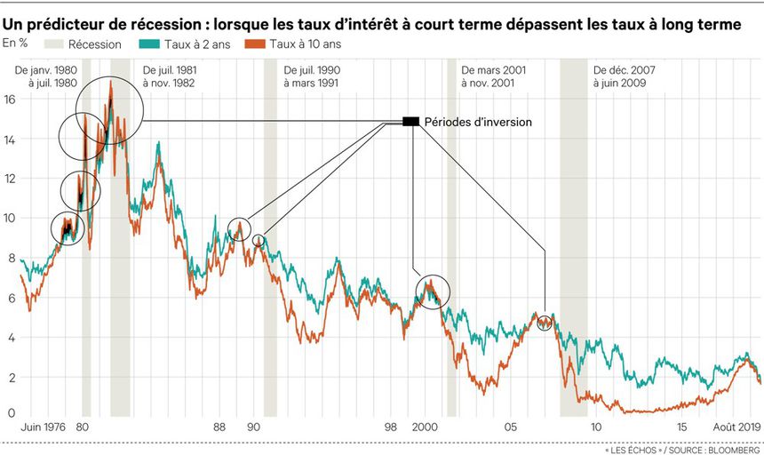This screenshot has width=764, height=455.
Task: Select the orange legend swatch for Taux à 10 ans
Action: [x=261, y=43]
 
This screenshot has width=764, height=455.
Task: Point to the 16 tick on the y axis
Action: [x=10, y=100]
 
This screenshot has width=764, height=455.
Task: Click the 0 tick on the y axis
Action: [x=10, y=413]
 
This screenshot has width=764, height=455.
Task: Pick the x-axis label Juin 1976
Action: [x=28, y=427]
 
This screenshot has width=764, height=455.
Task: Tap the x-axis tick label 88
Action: [x=220, y=427]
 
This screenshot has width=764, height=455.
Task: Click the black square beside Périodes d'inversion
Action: [x=410, y=122]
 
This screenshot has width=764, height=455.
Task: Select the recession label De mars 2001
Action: [x=496, y=68]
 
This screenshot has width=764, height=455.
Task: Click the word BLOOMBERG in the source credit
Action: [x=732, y=448]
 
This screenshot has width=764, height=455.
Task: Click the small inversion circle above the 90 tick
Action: [x=259, y=241]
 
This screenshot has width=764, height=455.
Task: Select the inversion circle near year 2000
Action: [x=433, y=291]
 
